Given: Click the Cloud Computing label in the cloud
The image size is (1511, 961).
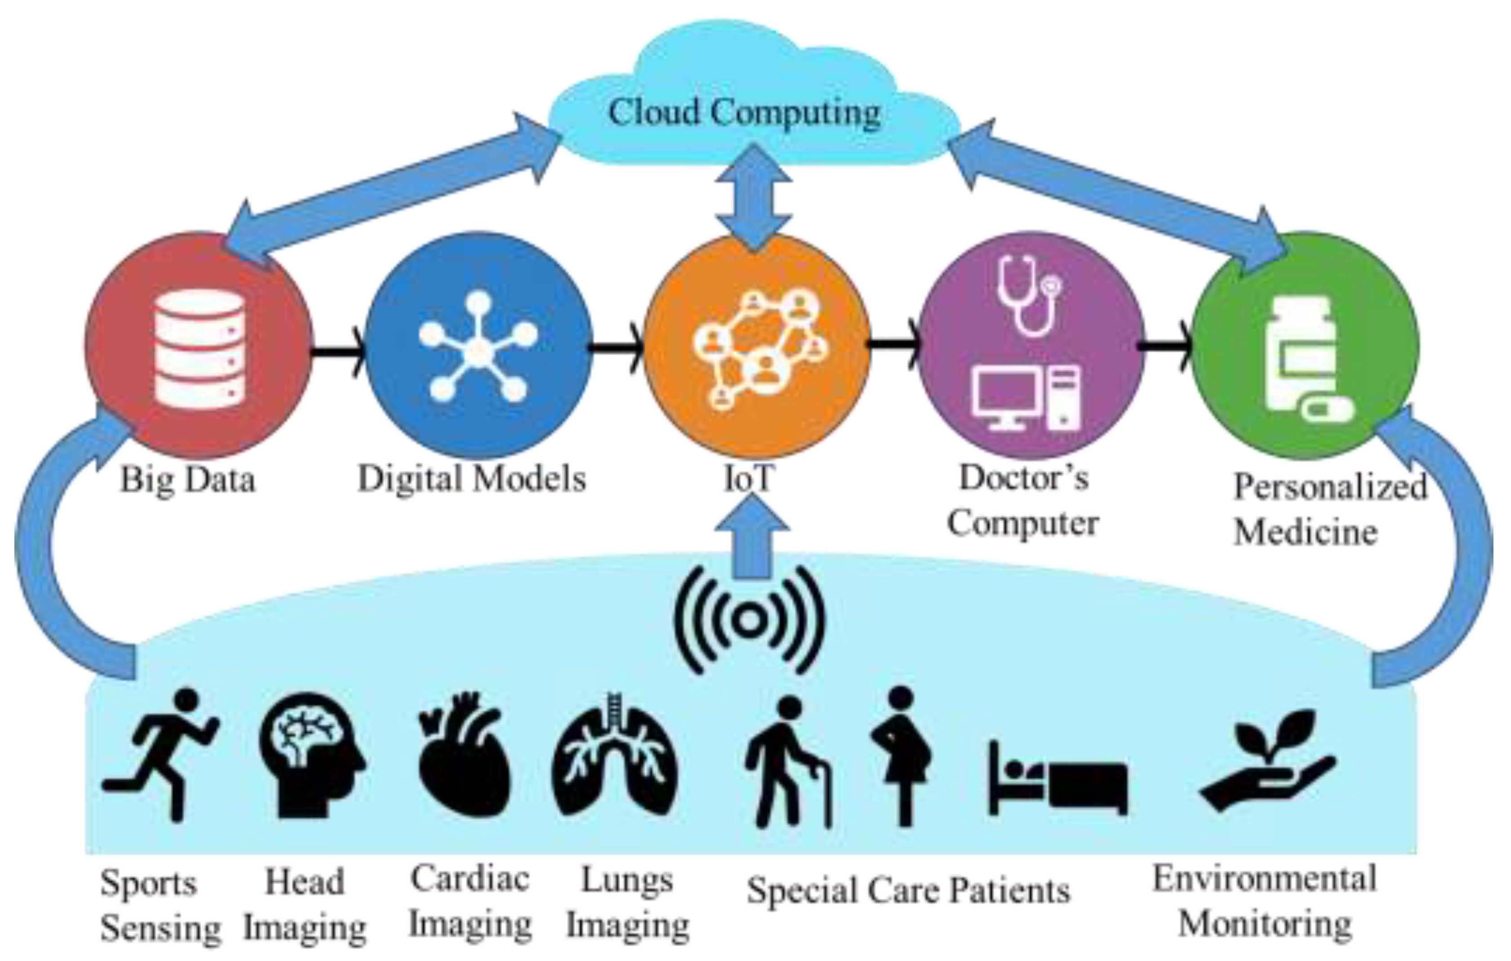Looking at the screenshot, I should [744, 113].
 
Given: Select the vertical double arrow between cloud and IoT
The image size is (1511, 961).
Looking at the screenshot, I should [753, 198].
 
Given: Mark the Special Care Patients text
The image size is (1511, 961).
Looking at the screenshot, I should [908, 891].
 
